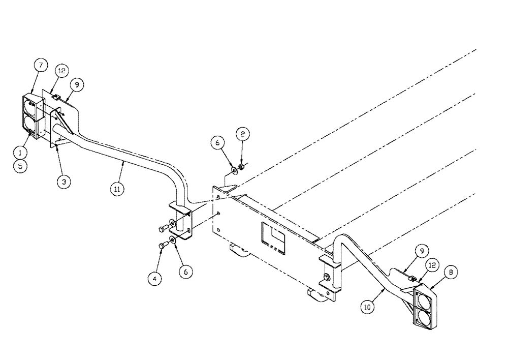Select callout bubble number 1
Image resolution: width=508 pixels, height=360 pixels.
pyautogui.click(x=19, y=152)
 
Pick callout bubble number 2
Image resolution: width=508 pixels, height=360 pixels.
pyautogui.click(x=242, y=134)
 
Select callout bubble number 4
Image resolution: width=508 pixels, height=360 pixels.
pyautogui.click(x=152, y=278)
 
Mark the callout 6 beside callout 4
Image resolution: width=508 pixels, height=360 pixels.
pyautogui.click(x=185, y=272)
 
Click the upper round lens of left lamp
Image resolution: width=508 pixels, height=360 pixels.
pyautogui.click(x=29, y=108)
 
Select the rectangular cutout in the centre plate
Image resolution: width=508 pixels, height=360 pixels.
pyautogui.click(x=274, y=237)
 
